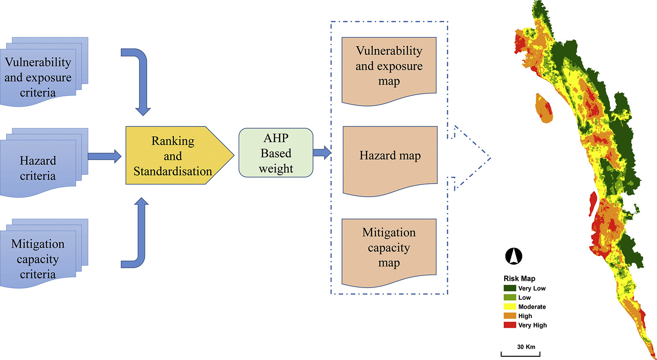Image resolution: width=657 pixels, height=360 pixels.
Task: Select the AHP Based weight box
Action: [276, 153]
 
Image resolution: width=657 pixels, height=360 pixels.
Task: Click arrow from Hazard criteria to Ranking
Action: [104, 156]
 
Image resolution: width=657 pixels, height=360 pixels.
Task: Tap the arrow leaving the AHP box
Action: [322, 153]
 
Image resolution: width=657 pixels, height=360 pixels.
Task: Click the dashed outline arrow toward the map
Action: [470, 158]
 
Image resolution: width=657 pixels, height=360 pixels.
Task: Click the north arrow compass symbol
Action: [513, 256]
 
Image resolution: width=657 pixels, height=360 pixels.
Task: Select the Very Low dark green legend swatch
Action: [510, 288]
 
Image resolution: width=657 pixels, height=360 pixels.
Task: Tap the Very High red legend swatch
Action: [510, 325]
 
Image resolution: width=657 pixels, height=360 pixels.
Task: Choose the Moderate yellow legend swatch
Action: [510, 307]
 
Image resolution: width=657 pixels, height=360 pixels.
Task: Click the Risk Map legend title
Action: [519, 278]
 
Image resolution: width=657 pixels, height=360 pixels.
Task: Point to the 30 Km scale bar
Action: [520, 354]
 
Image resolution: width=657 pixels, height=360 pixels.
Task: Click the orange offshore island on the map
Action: [544, 108]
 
